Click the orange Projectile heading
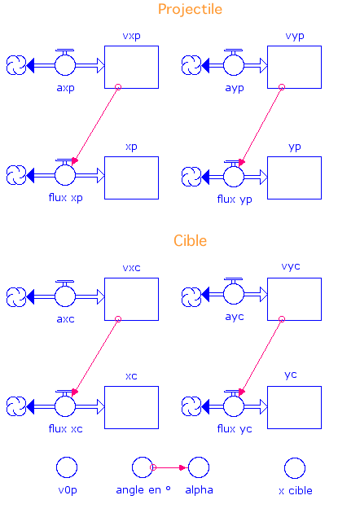click(190, 10)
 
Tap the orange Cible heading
click(190, 240)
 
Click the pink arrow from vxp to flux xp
click(95, 125)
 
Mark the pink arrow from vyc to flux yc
click(261, 357)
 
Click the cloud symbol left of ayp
click(191, 65)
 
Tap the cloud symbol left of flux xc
click(16, 406)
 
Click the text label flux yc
click(235, 429)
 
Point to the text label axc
click(65, 319)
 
